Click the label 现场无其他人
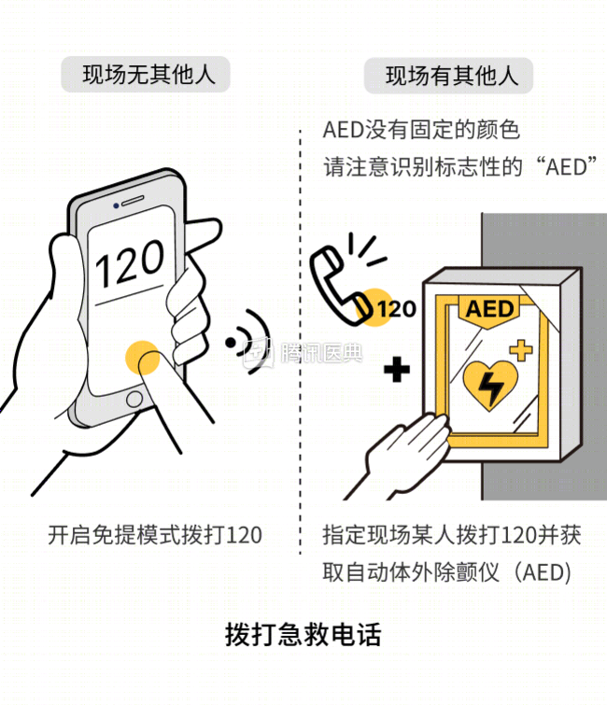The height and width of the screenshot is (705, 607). click(149, 75)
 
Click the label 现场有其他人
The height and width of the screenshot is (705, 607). click(452, 76)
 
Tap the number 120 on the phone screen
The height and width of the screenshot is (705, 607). click(130, 263)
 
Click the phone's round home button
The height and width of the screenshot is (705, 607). click(134, 399)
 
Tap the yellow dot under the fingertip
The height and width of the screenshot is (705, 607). click(143, 358)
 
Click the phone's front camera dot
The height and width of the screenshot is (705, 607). click(116, 205)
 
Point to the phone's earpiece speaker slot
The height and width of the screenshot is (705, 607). click(134, 200)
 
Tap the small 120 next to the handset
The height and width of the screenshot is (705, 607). click(397, 309)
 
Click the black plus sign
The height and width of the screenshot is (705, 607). click(397, 370)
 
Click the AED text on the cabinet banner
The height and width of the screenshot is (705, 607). click(489, 309)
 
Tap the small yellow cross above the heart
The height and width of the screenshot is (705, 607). click(521, 350)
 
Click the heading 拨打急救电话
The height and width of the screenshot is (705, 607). click(303, 634)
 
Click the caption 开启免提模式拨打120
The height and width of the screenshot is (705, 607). click(155, 535)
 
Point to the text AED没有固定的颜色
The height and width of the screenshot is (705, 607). click(421, 130)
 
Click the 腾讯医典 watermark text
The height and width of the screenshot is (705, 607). click(321, 353)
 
